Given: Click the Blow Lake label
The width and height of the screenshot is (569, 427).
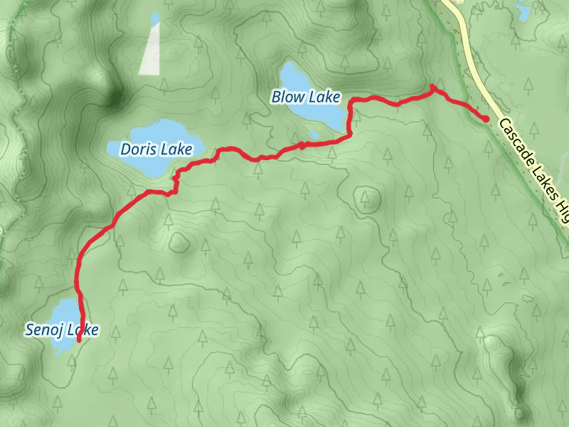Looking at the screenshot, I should [305, 97].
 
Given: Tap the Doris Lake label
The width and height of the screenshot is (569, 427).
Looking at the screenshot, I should [156, 149].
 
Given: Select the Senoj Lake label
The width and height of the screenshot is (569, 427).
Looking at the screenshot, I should [61, 330].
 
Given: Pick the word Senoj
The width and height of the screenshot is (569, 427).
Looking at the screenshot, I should [41, 330].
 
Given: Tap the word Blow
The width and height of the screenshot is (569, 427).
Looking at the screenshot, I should [286, 97].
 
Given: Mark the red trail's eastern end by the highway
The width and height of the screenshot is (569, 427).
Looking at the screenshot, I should [486, 120].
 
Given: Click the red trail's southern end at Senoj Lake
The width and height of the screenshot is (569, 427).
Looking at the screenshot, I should [78, 341].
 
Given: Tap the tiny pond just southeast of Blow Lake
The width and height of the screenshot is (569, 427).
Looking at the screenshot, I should [313, 134].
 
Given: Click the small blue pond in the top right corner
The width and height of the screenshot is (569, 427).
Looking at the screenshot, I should [524, 10].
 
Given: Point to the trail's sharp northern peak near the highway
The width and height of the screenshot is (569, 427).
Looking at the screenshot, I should [432, 87].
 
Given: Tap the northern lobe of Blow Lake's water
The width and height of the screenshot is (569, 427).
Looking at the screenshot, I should [292, 74].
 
